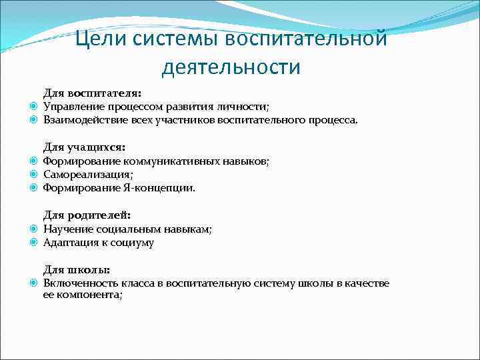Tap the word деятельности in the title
click(x=231, y=67)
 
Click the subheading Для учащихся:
click(x=84, y=147)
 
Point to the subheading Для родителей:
click(x=87, y=215)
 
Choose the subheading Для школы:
click(x=77, y=269)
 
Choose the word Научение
click(x=65, y=229)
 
